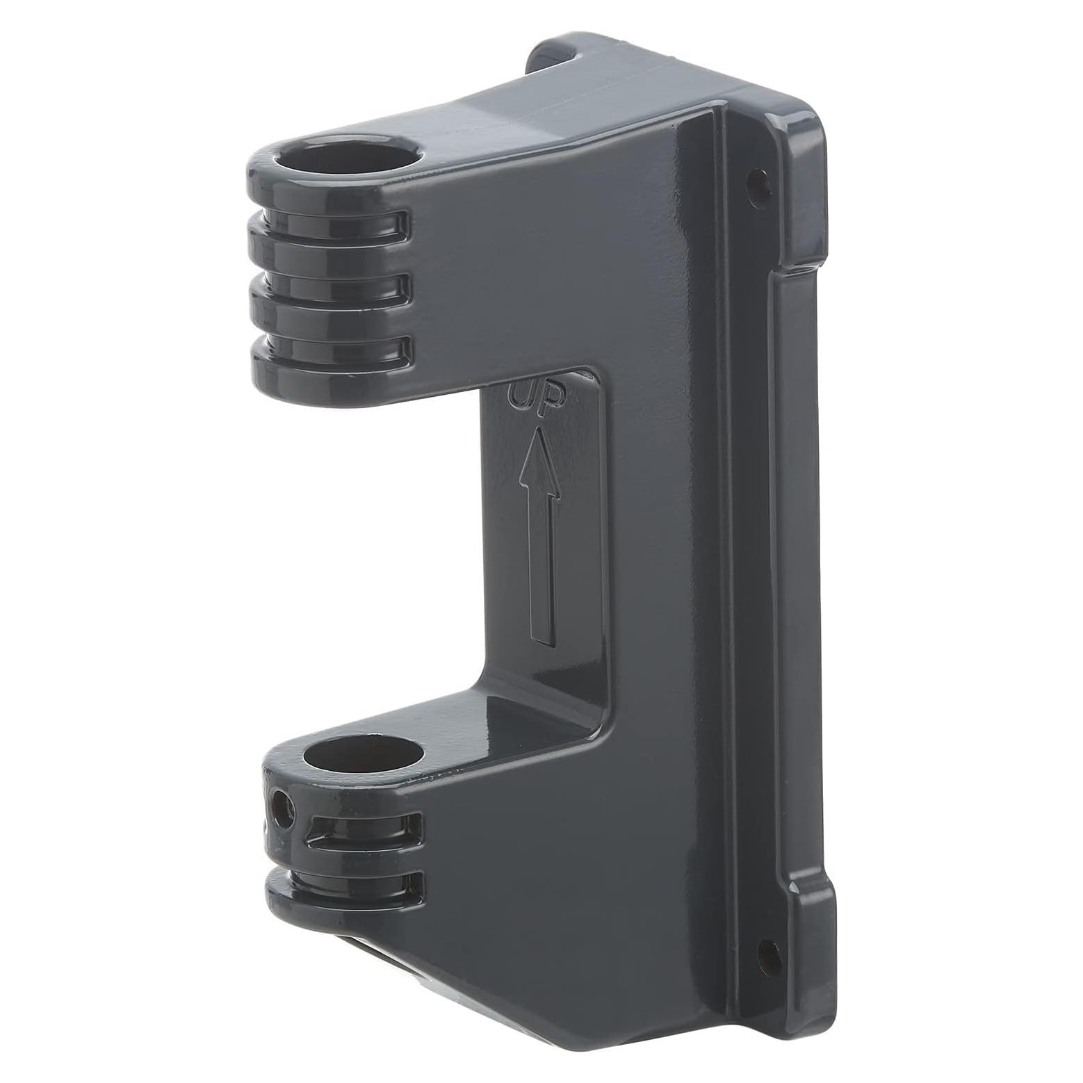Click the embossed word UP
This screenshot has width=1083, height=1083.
pyautogui.click(x=537, y=398)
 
